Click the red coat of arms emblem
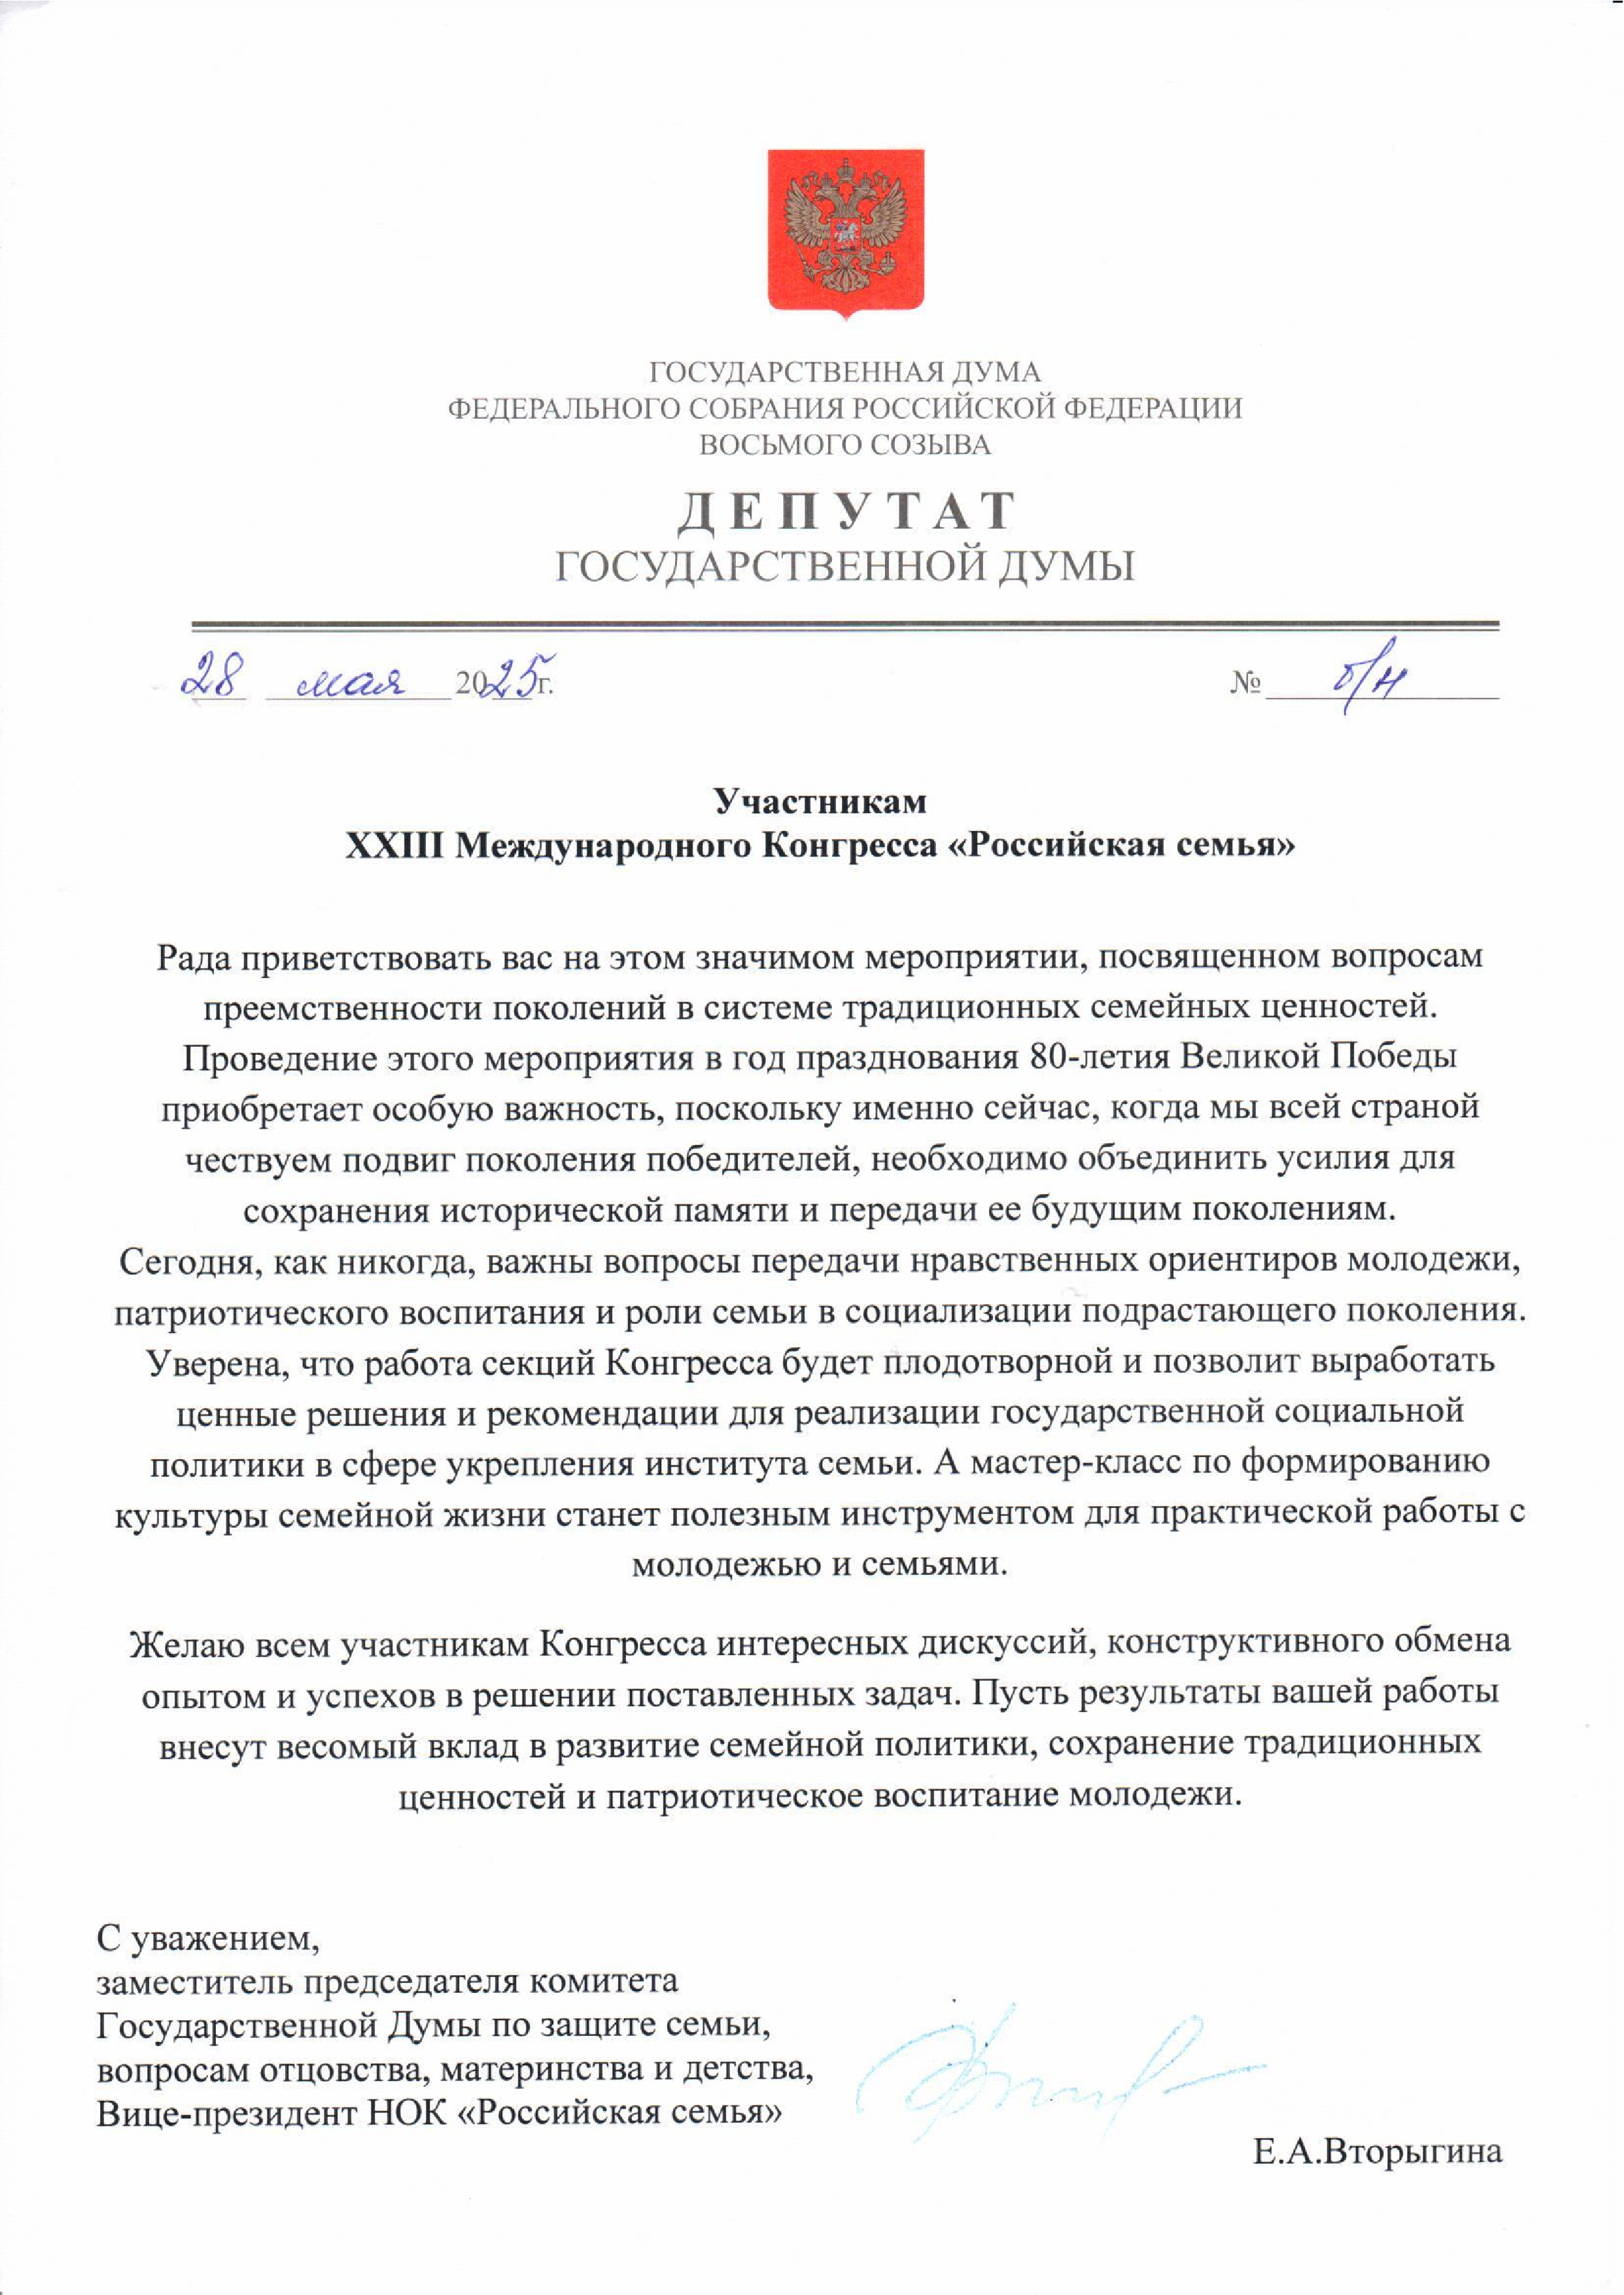[x=845, y=232]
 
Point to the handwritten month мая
[x=352, y=683]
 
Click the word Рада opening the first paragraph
[x=198, y=957]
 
